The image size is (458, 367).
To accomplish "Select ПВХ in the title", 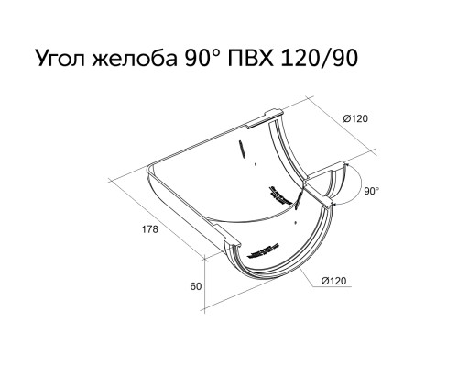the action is tap(250, 58).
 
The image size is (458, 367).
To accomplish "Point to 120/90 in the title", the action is tap(319, 58).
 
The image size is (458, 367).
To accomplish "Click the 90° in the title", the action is tap(203, 58).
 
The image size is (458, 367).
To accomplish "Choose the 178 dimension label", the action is tap(150, 229).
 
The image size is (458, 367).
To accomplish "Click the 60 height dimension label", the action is tap(196, 286).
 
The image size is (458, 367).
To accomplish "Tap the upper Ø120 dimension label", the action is tap(355, 118).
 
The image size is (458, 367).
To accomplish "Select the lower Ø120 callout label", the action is tap(334, 281).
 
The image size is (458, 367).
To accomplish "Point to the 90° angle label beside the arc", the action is tap(371, 191).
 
